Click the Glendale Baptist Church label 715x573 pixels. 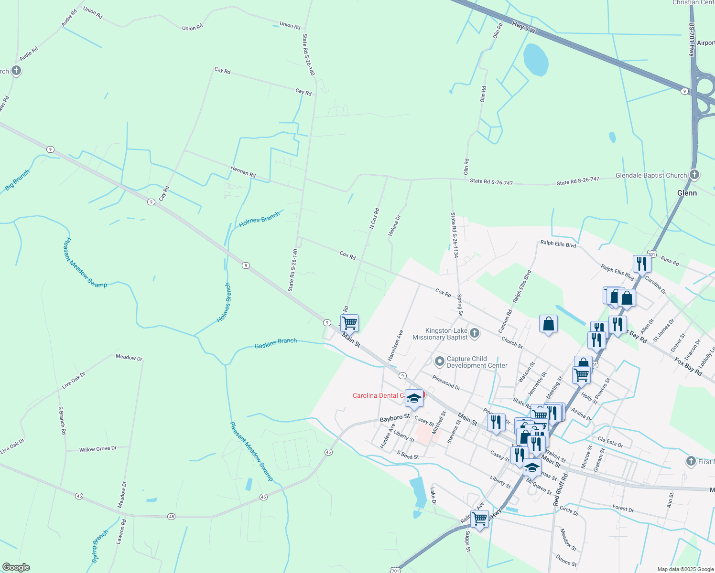coord(651,175)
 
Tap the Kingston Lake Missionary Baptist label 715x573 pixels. coord(446,334)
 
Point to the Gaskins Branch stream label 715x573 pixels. coord(276,343)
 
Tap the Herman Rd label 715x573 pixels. coord(243,171)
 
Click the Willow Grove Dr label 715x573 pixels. coord(97,449)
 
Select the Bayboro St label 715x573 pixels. coord(395,418)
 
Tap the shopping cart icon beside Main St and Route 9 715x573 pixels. coord(349,323)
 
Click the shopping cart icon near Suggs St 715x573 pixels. coord(479,518)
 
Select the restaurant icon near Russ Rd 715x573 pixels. coord(641,263)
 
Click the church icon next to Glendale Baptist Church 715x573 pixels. coord(695,175)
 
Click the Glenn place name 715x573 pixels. coord(687,193)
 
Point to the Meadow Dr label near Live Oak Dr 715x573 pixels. coord(129,358)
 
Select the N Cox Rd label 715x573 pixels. coord(374,218)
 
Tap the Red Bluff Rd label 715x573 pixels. coord(561,490)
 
